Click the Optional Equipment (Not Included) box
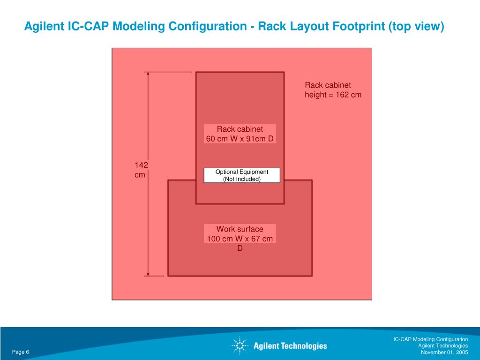coord(242,175)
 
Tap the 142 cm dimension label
coord(141,170)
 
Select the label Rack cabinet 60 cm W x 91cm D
coord(240,134)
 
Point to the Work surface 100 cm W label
coord(240,234)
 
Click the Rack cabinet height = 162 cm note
coord(333,90)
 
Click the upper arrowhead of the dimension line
coord(148,74)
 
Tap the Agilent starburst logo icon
coord(239,346)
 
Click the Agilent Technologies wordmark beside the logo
coord(290,346)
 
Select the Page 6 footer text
coord(21,352)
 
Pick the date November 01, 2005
coord(444,352)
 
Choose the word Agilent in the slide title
coord(45,26)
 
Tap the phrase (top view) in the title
coord(416,26)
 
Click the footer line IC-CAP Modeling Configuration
coord(430,339)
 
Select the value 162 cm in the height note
coord(348,95)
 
